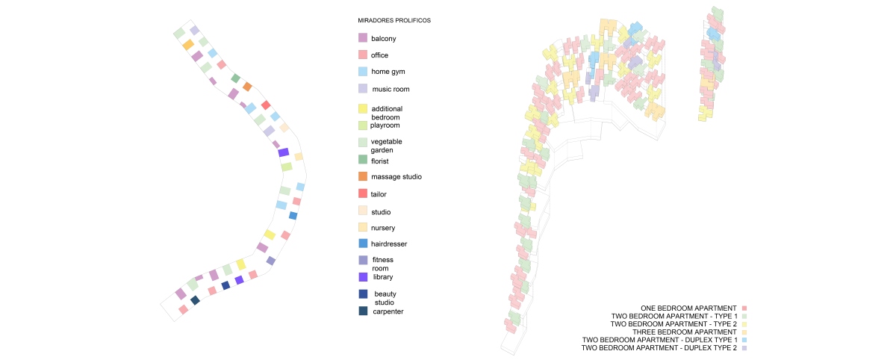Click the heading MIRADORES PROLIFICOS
coord(394,20)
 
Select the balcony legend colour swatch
coord(363,38)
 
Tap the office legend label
coord(379,55)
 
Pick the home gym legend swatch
coord(363,72)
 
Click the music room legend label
coord(391,90)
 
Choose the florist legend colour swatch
coord(363,161)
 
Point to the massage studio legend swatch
coord(363,176)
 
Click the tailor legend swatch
coord(363,194)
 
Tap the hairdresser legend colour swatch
coord(363,243)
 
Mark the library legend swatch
coord(363,277)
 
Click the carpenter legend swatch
coord(363,311)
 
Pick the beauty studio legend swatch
coord(363,294)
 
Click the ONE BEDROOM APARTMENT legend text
coord(688,308)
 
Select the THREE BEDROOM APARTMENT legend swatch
coord(744,332)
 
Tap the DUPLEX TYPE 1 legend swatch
coord(744,340)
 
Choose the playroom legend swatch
coord(363,125)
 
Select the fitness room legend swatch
coord(363,260)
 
